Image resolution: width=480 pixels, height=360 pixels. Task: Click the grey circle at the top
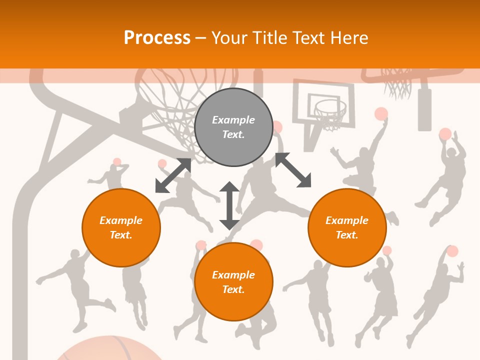233,127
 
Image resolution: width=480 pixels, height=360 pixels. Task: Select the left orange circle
121,227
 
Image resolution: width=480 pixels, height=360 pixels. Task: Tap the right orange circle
347,227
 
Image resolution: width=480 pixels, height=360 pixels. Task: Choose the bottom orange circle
233,282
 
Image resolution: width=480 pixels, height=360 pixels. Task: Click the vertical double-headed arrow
229,205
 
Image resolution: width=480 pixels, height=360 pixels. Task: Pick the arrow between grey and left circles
173,175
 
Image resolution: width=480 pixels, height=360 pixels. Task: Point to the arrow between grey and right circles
293,170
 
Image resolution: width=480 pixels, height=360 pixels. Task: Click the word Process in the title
157,37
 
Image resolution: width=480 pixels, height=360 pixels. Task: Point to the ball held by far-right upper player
445,134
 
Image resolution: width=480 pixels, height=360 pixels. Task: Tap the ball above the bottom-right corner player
452,251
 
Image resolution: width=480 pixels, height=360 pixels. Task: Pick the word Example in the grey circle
233,120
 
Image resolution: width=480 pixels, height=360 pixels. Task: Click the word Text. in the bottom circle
233,289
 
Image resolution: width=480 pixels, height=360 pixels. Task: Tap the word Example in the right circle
347,220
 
